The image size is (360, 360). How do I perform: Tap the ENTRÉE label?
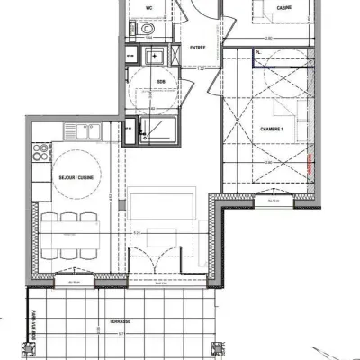[x=199, y=49]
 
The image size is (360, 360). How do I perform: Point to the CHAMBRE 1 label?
[x=272, y=129]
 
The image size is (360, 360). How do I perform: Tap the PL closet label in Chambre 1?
[x=259, y=53]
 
